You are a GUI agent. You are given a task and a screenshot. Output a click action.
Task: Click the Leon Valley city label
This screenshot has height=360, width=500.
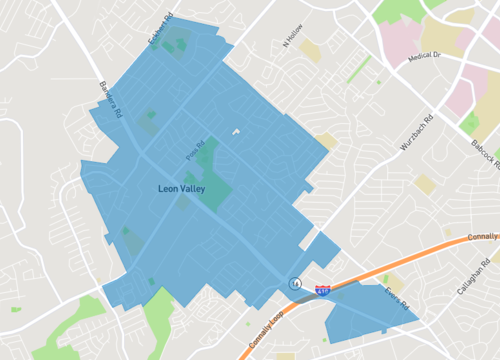(x=186, y=187)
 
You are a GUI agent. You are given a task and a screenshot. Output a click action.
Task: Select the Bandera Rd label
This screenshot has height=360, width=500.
(x=108, y=98)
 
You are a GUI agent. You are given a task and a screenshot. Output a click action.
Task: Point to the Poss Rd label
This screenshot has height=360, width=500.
(x=194, y=152)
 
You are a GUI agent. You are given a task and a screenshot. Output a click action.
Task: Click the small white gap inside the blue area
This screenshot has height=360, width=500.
(x=237, y=132)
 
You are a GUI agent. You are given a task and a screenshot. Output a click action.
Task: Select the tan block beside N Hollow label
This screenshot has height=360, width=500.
(x=311, y=51)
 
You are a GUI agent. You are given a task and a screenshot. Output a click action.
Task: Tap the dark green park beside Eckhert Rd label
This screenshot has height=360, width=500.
(x=177, y=42)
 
